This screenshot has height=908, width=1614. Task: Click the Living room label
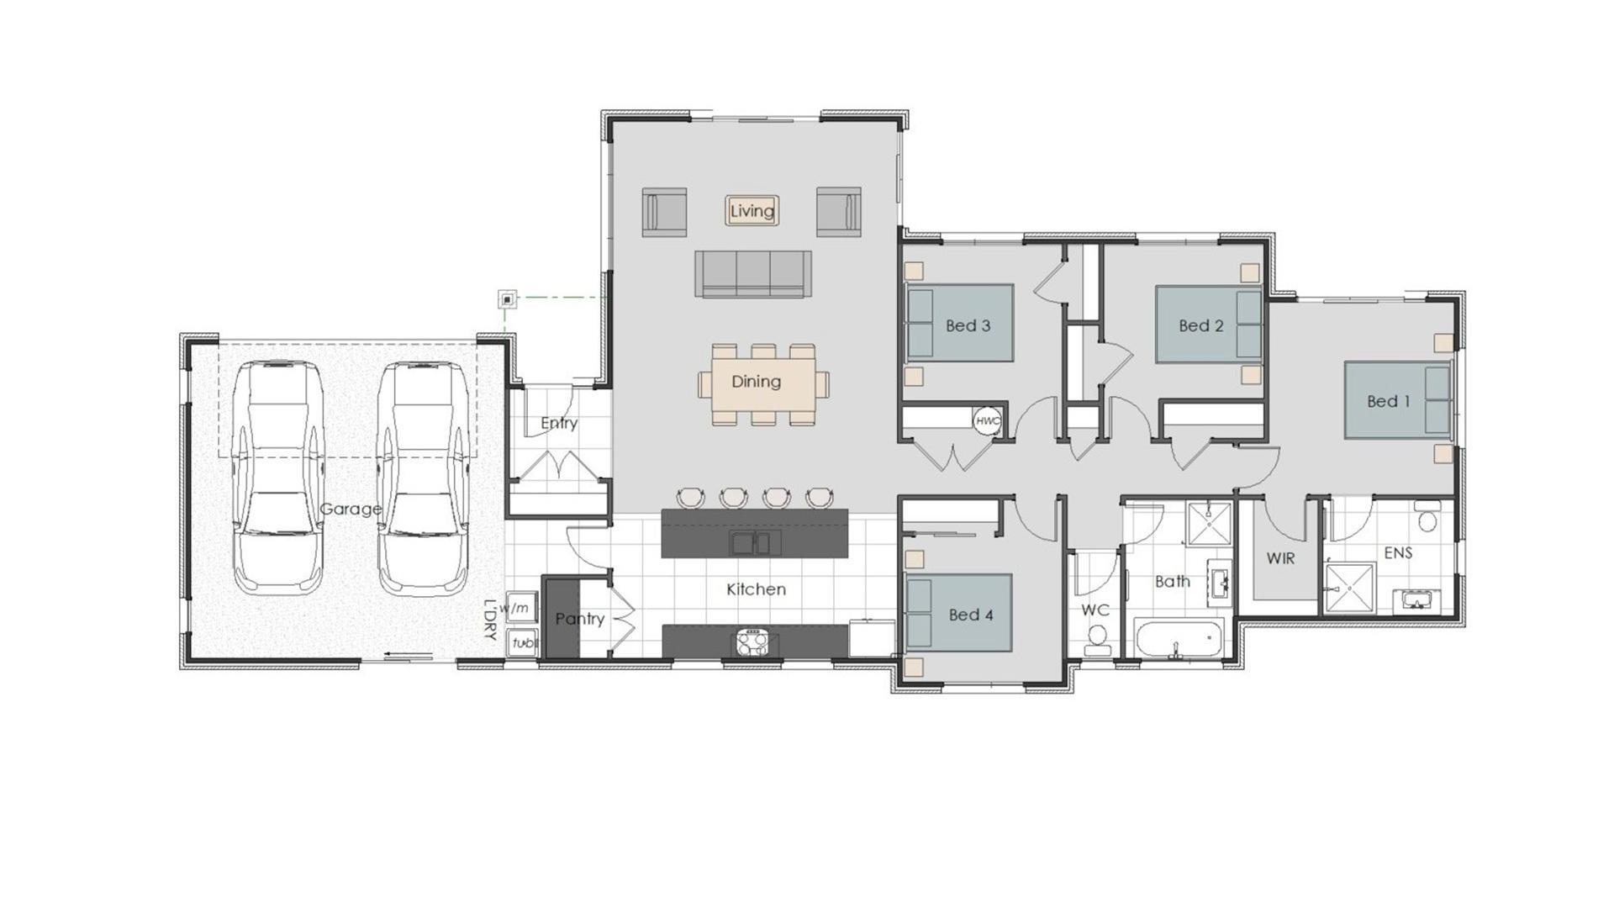pyautogui.click(x=752, y=211)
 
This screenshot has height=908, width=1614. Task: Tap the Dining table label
pyautogui.click(x=756, y=382)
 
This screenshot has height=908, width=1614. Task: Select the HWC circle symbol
pyautogui.click(x=988, y=420)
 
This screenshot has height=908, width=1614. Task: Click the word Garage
pyautogui.click(x=351, y=509)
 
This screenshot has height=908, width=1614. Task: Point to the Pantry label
pyautogui.click(x=579, y=619)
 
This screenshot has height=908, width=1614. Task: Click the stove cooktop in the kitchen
pyautogui.click(x=752, y=642)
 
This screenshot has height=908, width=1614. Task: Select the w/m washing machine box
pyautogui.click(x=520, y=608)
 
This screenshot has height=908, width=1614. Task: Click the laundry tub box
pyautogui.click(x=522, y=642)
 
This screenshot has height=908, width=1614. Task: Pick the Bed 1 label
pyautogui.click(x=1388, y=402)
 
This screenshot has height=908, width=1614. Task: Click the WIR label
pyautogui.click(x=1280, y=558)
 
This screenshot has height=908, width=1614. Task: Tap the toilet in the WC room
pyautogui.click(x=1097, y=638)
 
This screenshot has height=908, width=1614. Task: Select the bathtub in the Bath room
pyautogui.click(x=1179, y=641)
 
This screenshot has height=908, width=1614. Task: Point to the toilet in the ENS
pyautogui.click(x=1427, y=518)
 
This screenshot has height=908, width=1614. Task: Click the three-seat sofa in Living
pyautogui.click(x=752, y=273)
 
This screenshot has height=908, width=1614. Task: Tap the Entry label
pyautogui.click(x=558, y=423)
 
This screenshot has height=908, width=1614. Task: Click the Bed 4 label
pyautogui.click(x=971, y=615)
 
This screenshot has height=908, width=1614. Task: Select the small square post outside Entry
pyautogui.click(x=507, y=298)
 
